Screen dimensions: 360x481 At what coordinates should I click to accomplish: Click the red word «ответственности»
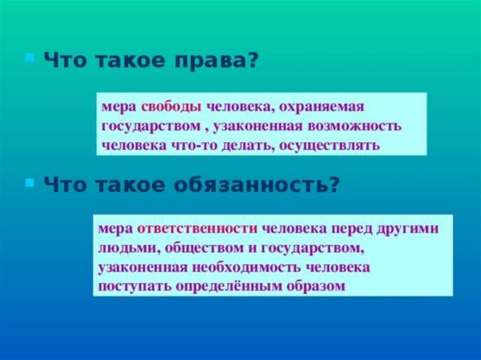point(197,229)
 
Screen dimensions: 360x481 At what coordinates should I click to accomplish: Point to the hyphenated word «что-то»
point(194,146)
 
